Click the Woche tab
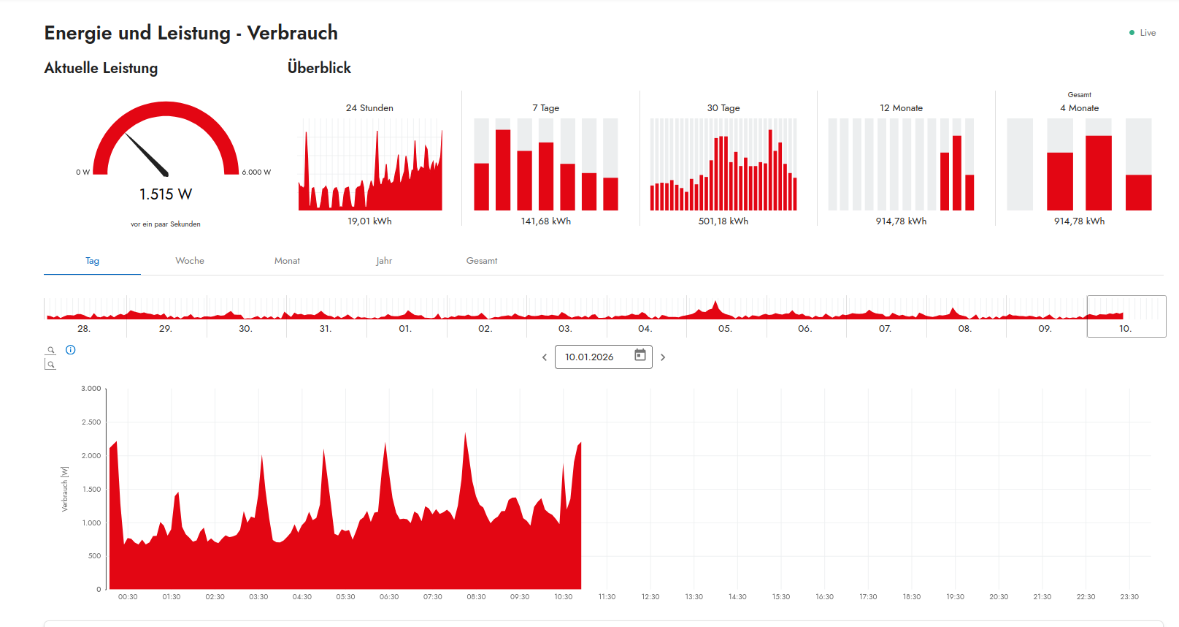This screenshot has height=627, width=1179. [x=190, y=261]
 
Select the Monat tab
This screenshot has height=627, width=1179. [x=287, y=261]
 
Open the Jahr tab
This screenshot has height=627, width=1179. [x=384, y=261]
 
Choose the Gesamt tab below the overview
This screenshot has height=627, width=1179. [x=482, y=261]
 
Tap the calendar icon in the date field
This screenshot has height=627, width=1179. [x=640, y=355]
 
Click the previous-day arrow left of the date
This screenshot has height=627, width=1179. [x=545, y=357]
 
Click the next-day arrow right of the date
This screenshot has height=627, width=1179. [x=663, y=357]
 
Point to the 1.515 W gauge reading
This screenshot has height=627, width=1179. [x=166, y=194]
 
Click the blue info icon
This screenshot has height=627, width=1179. [x=71, y=350]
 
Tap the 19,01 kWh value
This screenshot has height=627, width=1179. [x=369, y=221]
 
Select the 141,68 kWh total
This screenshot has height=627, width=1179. [x=546, y=221]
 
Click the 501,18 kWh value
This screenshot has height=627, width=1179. [x=723, y=221]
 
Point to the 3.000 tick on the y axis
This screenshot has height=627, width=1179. [x=91, y=389]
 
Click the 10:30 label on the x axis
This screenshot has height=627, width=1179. [x=564, y=597]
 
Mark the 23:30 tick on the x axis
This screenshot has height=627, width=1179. [x=1129, y=597]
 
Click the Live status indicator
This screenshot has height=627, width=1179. [x=1143, y=33]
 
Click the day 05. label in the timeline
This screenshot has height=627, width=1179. [x=725, y=329]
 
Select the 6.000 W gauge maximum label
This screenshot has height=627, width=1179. [x=256, y=172]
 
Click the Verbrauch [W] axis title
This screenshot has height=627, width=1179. [x=65, y=489]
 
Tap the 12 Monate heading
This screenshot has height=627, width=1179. [x=901, y=108]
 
